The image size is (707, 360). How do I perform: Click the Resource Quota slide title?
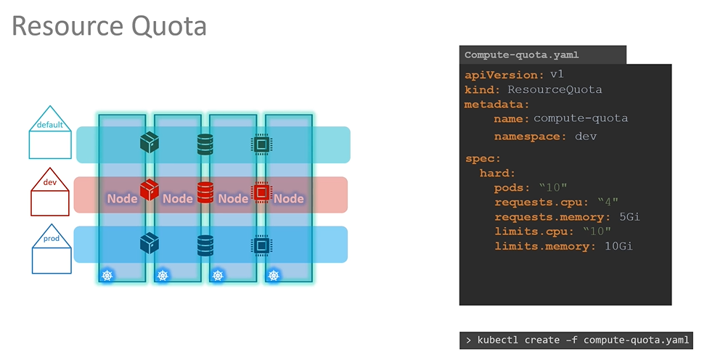(x=110, y=26)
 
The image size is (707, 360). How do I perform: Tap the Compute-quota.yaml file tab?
(x=521, y=55)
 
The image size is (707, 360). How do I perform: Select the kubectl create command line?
(x=576, y=340)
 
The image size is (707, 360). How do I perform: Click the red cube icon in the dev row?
(x=150, y=190)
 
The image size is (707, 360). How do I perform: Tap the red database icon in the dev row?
(x=205, y=192)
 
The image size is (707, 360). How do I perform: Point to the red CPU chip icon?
(x=260, y=192)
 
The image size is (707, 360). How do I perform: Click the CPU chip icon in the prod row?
(x=260, y=245)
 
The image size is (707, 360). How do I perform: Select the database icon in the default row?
(x=205, y=144)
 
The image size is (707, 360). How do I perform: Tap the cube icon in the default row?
(x=150, y=142)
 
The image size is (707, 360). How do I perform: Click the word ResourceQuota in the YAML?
(x=555, y=90)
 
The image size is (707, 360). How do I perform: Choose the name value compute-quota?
(x=581, y=118)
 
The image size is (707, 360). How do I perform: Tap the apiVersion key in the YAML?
(x=504, y=75)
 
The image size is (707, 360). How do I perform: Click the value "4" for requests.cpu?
(x=608, y=202)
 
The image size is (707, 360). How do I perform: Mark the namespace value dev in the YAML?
(x=585, y=136)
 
